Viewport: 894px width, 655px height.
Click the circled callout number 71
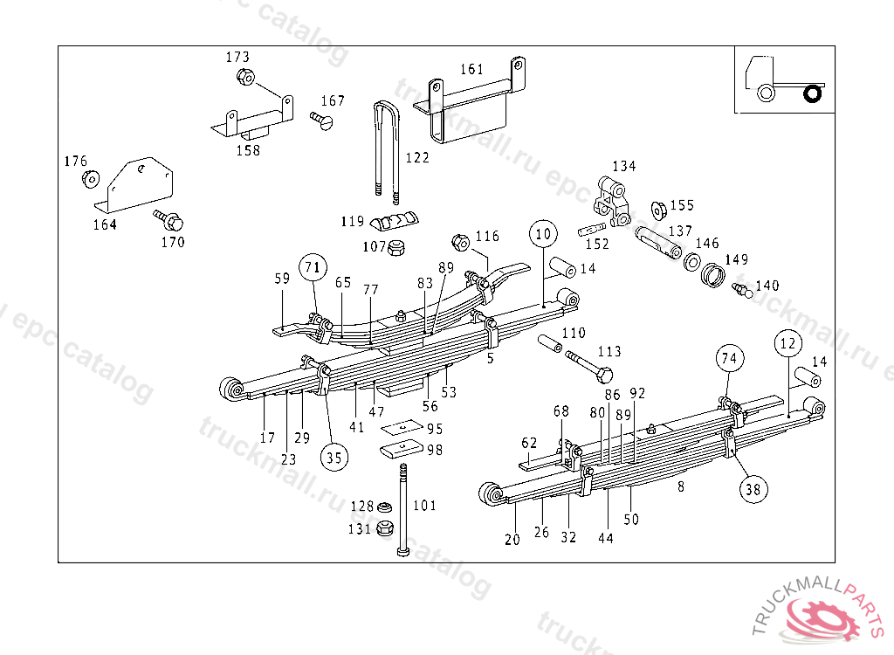click(313, 267)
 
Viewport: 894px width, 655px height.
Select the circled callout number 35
click(333, 455)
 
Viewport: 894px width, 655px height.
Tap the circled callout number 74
click(730, 357)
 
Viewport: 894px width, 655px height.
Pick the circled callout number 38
click(753, 489)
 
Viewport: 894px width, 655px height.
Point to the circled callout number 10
click(543, 234)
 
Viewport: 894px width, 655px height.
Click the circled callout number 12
click(787, 344)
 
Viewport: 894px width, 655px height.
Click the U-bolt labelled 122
click(385, 148)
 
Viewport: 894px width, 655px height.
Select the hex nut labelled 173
click(245, 79)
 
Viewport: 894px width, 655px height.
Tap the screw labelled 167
click(323, 121)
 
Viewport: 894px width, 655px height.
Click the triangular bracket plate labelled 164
click(140, 185)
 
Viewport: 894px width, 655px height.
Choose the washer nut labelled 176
click(89, 179)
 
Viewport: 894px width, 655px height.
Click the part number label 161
click(471, 69)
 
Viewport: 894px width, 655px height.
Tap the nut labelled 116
click(461, 241)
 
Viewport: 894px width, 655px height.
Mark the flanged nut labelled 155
click(660, 210)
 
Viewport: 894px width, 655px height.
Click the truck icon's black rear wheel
click(814, 93)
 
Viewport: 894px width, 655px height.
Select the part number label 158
click(248, 150)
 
